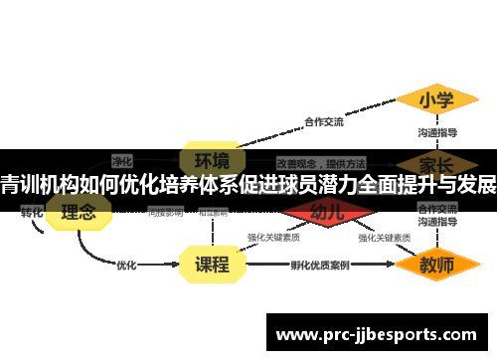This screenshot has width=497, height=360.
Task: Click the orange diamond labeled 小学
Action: (436, 100)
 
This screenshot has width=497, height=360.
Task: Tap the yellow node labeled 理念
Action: (80, 212)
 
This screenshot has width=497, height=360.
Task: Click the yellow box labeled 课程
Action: (211, 265)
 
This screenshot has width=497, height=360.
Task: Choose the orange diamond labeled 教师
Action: (436, 266)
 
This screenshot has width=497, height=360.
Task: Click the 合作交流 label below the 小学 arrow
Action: (323, 122)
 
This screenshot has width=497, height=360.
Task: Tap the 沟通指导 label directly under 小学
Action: (436, 131)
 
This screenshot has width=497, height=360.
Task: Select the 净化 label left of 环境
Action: (122, 159)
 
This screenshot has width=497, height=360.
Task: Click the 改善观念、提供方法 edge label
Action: (320, 162)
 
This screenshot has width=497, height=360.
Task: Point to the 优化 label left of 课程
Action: (126, 265)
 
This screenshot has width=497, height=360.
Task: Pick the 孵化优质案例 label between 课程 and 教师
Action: (319, 266)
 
